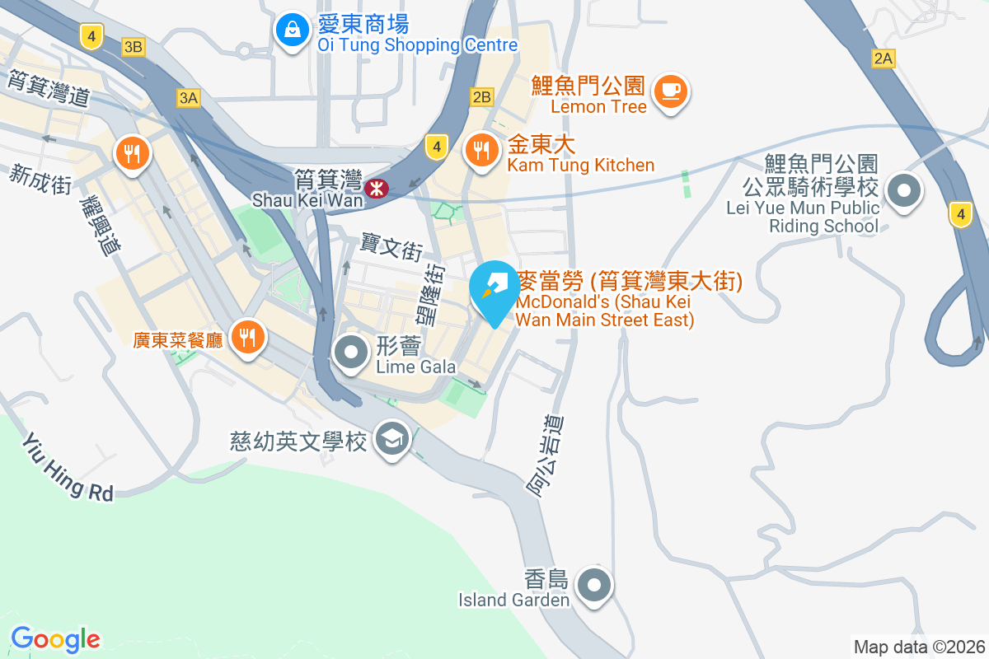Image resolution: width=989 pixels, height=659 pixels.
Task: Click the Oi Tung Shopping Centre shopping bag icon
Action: point(291,30)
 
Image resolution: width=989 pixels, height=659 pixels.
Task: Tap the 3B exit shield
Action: point(133,47)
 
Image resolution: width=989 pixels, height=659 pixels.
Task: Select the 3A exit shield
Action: point(188,98)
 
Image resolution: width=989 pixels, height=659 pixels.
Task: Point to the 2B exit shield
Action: point(481,97)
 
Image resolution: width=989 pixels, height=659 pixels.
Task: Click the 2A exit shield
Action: point(883,58)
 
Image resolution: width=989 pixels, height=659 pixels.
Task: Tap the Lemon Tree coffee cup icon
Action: point(671,90)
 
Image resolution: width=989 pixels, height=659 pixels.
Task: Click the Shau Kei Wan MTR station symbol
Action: point(377,189)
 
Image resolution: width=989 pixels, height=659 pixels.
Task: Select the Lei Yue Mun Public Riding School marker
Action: point(904,192)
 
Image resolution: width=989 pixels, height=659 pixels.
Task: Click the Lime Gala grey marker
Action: point(353,353)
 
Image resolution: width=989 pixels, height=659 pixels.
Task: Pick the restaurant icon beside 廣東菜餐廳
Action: point(246,335)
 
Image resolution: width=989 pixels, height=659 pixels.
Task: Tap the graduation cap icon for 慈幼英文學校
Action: point(391,439)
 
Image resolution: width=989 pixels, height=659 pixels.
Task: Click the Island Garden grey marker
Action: point(594,586)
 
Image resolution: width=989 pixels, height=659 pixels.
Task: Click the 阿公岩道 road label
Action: point(546,456)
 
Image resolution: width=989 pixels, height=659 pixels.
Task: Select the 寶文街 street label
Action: point(391,245)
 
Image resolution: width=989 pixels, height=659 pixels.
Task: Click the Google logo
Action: point(55,638)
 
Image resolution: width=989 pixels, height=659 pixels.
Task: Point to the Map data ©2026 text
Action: point(918,647)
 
